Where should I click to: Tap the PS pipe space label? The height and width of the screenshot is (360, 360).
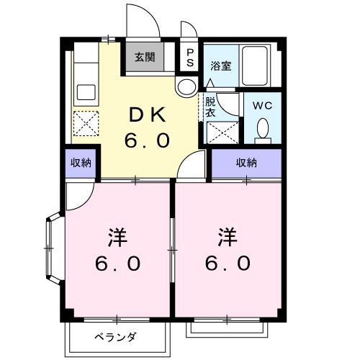pyautogui.click(x=190, y=57)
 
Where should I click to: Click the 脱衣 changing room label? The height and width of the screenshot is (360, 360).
pyautogui.click(x=211, y=107)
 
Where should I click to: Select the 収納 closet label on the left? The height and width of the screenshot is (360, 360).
pyautogui.click(x=81, y=163)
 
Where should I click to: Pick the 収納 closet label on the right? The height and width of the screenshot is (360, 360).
pyautogui.click(x=246, y=163)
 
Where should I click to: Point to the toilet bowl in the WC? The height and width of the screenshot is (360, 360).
pyautogui.click(x=263, y=130)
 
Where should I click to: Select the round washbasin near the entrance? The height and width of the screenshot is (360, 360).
pyautogui.click(x=185, y=87)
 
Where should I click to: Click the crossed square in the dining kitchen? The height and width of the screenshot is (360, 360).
pyautogui.click(x=86, y=124)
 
